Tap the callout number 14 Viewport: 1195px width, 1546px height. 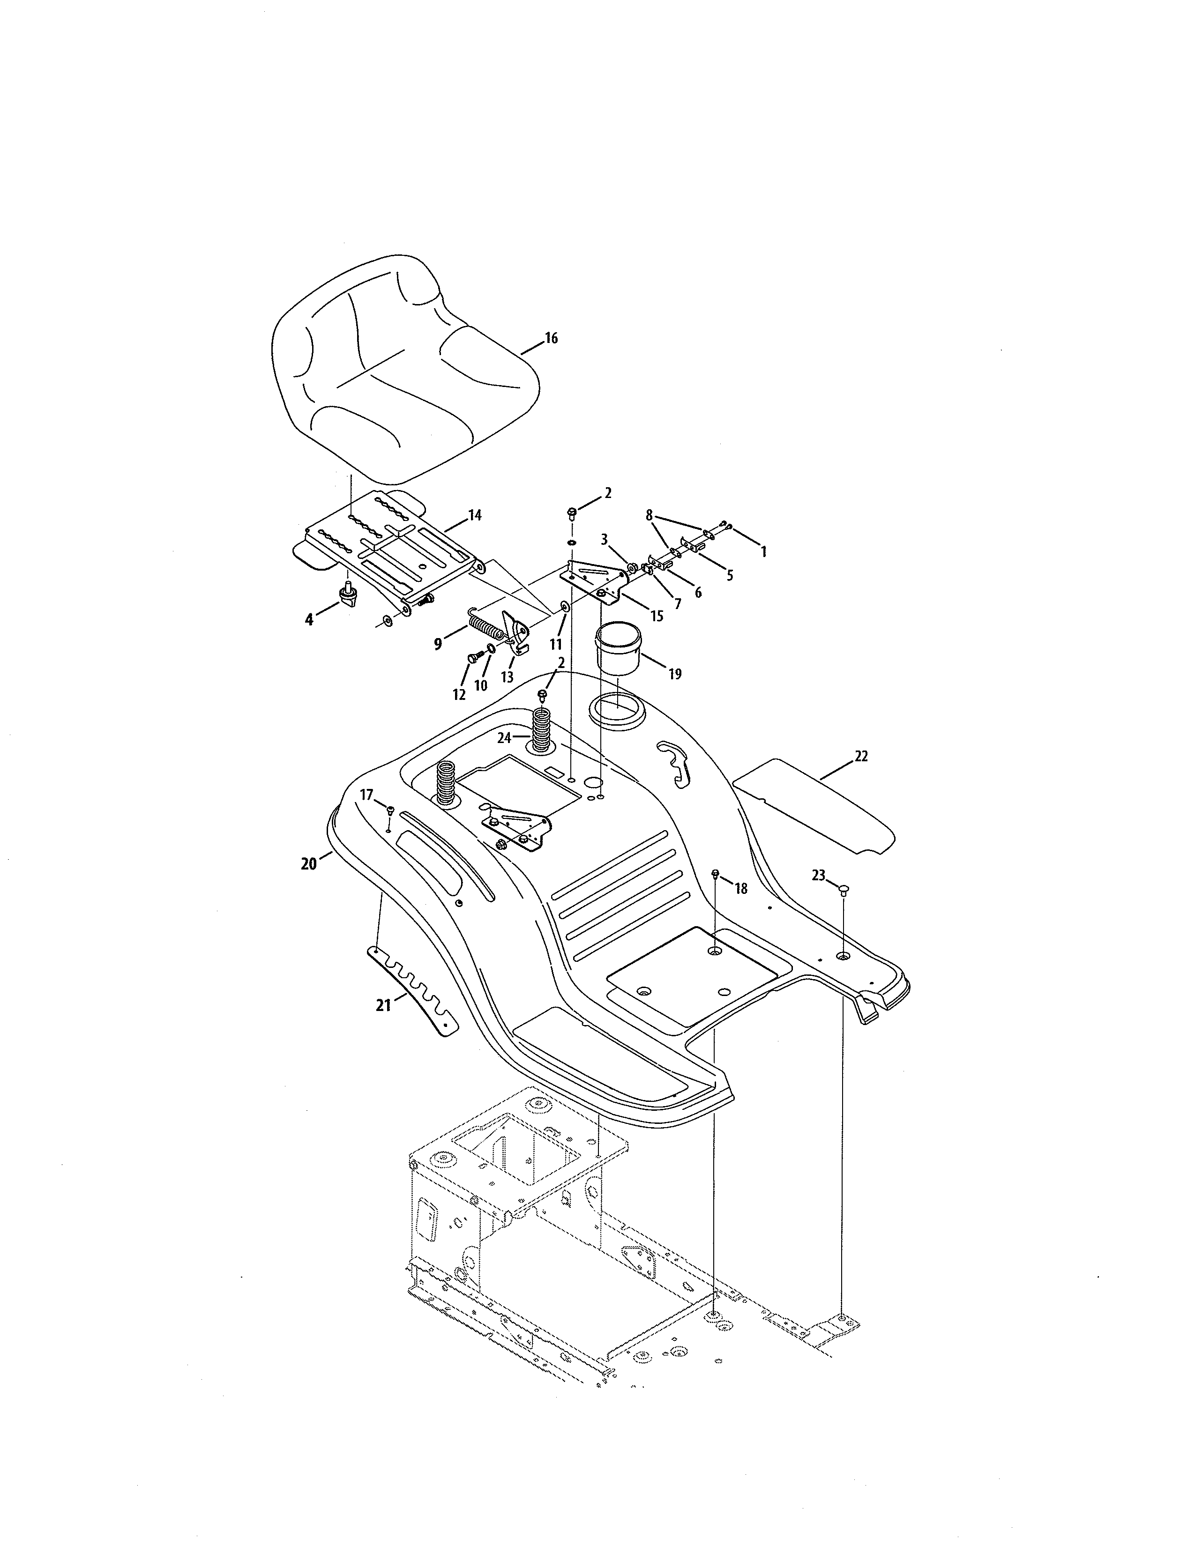point(475,515)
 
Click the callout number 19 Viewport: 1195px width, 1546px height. point(675,674)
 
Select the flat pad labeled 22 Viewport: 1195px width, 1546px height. point(814,807)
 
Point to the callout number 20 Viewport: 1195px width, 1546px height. point(309,863)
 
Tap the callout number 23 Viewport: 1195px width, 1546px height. point(818,876)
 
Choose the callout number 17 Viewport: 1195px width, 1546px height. point(366,795)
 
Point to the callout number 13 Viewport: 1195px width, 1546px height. point(507,677)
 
